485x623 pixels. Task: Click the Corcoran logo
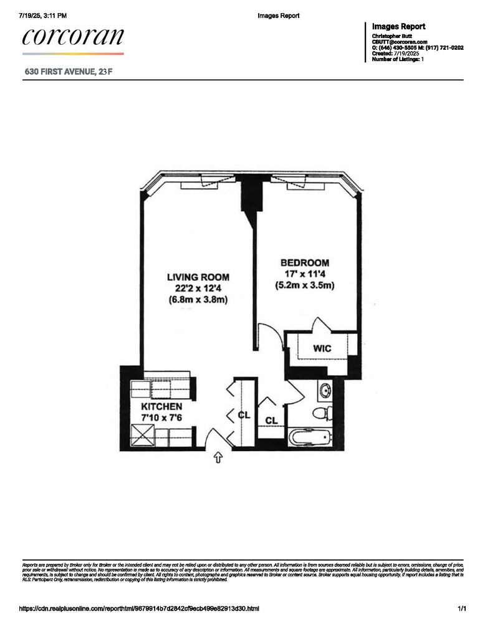click(73, 37)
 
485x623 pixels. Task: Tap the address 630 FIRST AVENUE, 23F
click(69, 72)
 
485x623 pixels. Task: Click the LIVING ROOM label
click(198, 277)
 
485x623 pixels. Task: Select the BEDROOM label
click(305, 263)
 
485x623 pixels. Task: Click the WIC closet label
click(322, 348)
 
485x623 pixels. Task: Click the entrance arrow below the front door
click(219, 458)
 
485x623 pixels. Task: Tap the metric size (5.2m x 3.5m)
click(305, 285)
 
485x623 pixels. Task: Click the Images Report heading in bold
click(398, 27)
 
